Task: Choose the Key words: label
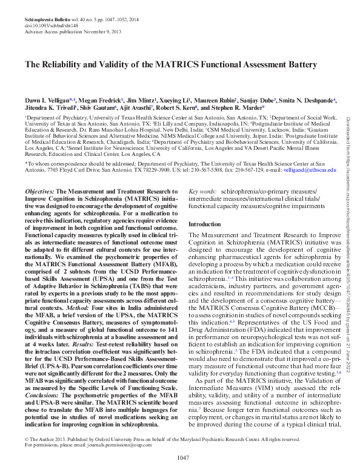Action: [x=204, y=190]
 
